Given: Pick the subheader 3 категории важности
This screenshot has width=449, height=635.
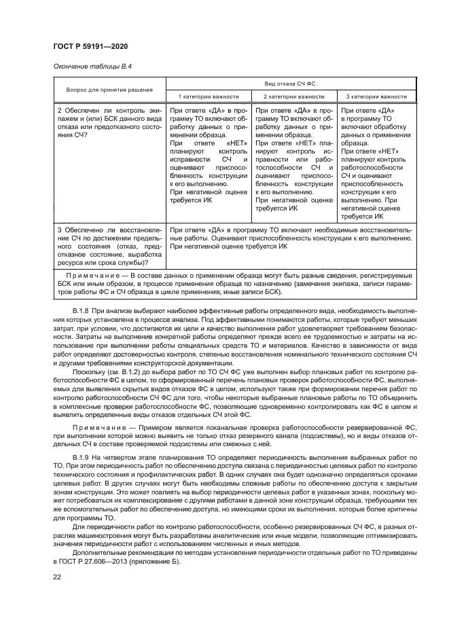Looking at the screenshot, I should (x=376, y=97).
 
